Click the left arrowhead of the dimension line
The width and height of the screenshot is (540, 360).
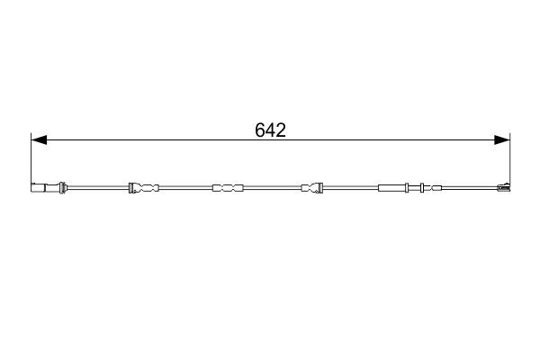[x=37, y=139]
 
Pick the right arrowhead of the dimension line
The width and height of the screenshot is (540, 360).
[x=503, y=139]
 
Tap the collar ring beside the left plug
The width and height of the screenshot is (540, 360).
[x=62, y=188]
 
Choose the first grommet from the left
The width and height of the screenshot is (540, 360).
[x=143, y=188]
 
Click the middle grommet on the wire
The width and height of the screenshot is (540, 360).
[x=228, y=188]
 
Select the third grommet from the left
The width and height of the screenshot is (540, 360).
[x=312, y=188]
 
